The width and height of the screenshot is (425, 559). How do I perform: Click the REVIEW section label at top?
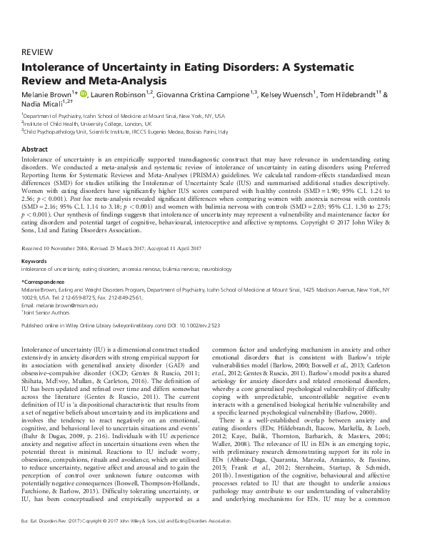36,53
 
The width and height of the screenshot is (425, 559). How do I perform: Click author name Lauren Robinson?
114,95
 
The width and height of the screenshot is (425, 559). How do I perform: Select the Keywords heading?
36,242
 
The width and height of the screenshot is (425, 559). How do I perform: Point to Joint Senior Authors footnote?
51,293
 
